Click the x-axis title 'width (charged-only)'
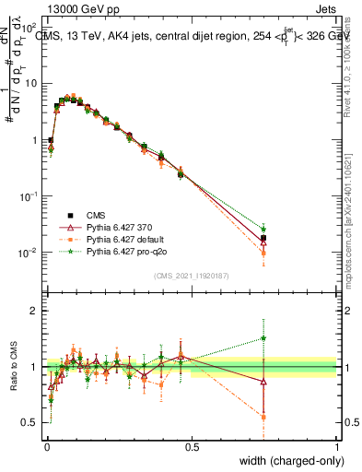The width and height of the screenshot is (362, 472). tap(287, 460)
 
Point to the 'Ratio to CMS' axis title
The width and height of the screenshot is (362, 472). tap(13, 367)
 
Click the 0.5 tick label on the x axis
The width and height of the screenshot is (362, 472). tap(192, 447)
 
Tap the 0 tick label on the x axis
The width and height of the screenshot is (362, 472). tap(47, 447)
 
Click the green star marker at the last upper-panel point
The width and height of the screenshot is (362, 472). tap(264, 229)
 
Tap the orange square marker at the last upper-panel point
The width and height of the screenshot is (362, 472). tap(264, 253)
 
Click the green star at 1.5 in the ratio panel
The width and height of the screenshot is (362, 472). tap(264, 337)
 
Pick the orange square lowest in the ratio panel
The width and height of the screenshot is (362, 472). tap(264, 417)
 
